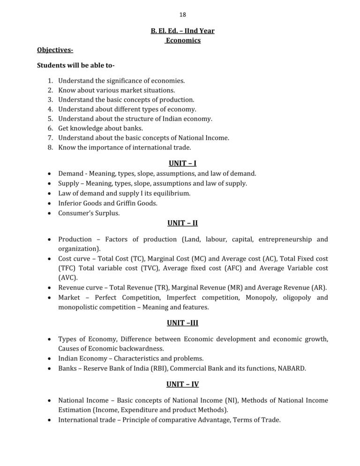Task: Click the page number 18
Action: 182,15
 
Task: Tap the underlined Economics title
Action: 183,40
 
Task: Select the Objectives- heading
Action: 55,50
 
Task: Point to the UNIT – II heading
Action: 182,223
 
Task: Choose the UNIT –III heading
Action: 182,323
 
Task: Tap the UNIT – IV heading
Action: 182,384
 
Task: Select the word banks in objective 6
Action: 134,128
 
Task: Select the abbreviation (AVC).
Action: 68,278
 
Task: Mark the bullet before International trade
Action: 50,420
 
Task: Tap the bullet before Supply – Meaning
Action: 50,183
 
